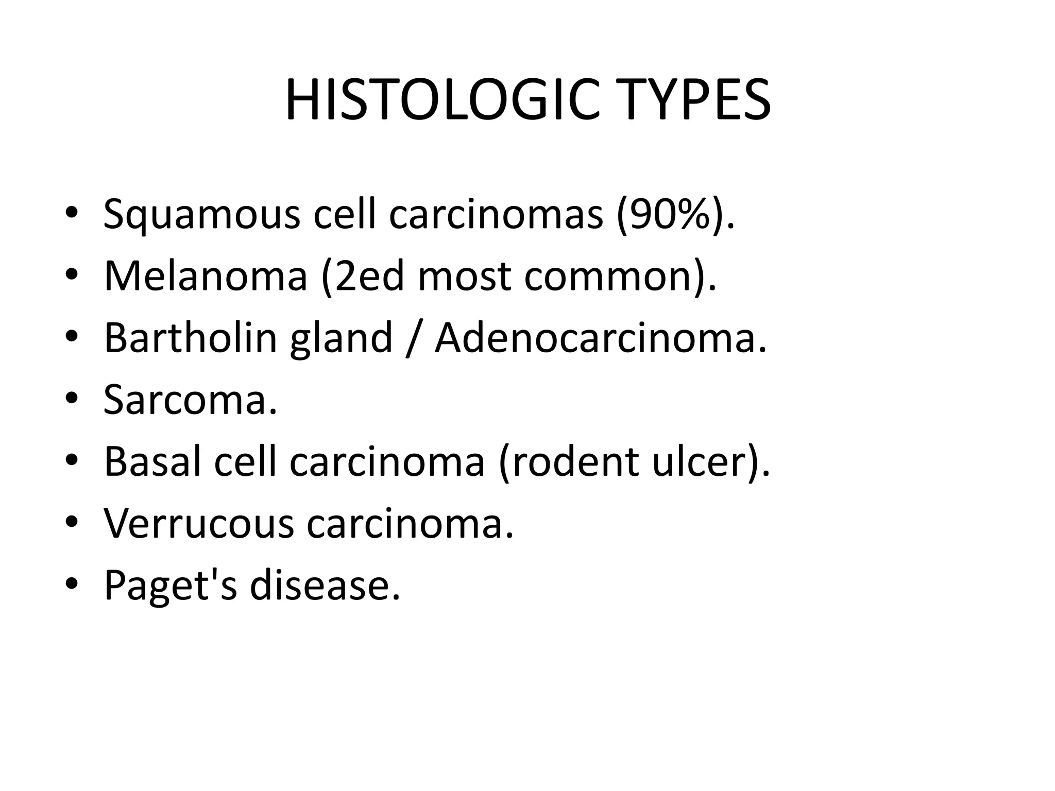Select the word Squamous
[x=201, y=215]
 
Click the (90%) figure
[x=668, y=214]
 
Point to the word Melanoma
[x=206, y=276]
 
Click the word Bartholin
[x=191, y=338]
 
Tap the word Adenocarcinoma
[x=600, y=338]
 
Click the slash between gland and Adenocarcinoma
[x=413, y=339]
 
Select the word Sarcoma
[x=190, y=400]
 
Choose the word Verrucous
[x=198, y=523]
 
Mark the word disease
[x=324, y=585]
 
